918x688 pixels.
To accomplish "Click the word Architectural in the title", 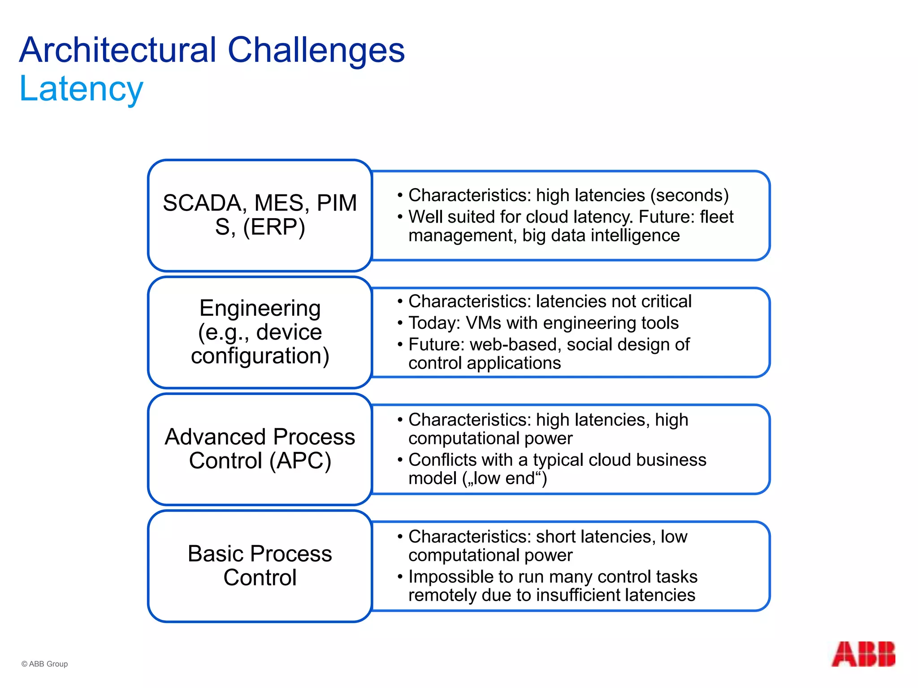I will tap(118, 50).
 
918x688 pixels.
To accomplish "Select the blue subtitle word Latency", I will tap(81, 89).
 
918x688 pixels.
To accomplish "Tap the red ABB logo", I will tap(863, 654).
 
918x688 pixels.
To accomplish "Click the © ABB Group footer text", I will tap(44, 664).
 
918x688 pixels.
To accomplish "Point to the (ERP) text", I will tap(274, 227).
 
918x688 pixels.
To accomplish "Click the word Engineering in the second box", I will tap(260, 308).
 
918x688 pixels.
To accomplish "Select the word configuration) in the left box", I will tap(260, 356).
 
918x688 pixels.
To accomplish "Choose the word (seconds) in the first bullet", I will tap(689, 195).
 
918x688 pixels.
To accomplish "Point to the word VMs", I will tap(483, 323).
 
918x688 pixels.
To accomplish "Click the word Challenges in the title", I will tap(316, 50).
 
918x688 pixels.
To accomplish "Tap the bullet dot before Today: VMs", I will tap(400, 323).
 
